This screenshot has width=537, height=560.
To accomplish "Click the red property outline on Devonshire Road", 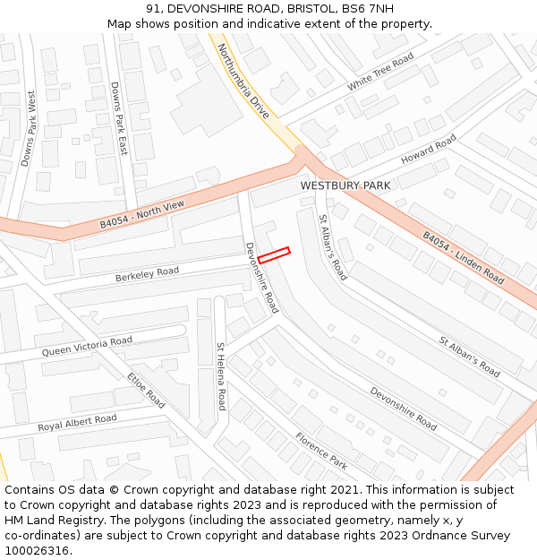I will point(274,254).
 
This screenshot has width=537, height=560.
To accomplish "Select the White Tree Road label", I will point(380,72).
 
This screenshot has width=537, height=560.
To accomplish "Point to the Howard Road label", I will point(428,149).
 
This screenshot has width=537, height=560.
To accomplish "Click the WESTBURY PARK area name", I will point(345,185).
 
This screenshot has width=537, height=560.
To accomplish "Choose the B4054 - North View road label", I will point(141,214).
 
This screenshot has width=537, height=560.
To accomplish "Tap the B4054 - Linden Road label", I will point(463,258).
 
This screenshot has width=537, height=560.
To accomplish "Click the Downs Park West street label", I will point(29,128).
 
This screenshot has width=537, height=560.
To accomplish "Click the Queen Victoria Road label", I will point(87,346).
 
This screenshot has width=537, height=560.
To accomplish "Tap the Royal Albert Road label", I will point(77,423).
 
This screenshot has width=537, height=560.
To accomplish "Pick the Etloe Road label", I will point(146,390).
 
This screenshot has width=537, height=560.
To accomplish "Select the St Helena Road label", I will point(220,376).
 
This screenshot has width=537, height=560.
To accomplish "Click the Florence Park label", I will point(321,450).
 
